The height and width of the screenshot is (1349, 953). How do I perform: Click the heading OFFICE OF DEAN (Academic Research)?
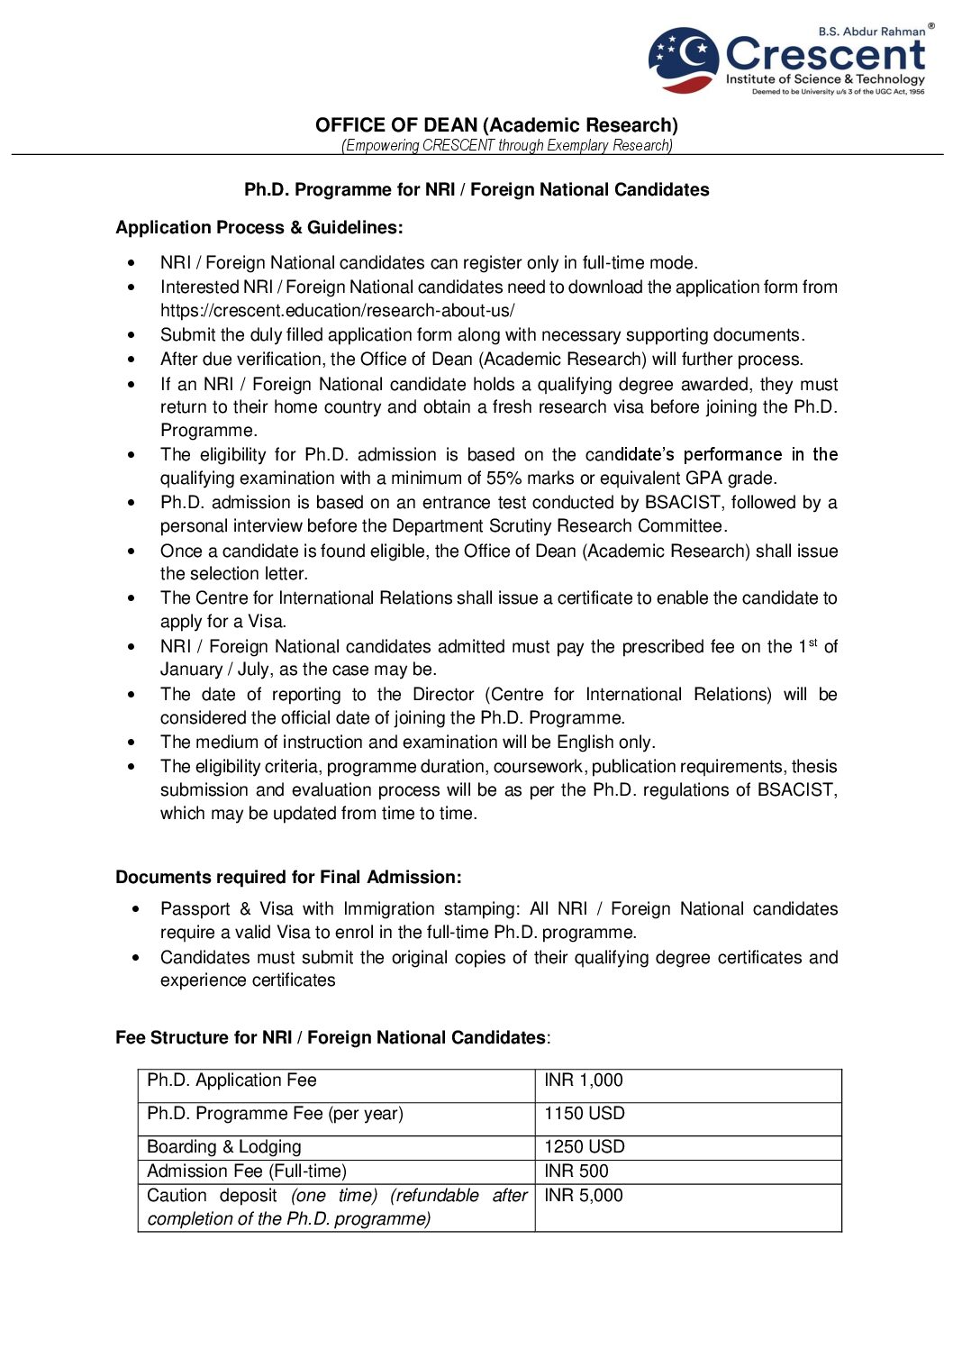[496, 125]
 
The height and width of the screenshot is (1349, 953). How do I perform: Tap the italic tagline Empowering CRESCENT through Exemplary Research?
[506, 145]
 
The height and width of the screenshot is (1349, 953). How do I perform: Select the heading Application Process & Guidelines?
[259, 228]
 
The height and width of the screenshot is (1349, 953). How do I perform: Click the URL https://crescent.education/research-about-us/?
[337, 311]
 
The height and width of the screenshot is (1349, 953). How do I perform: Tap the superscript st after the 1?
[812, 643]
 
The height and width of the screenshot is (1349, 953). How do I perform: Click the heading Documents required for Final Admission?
[288, 878]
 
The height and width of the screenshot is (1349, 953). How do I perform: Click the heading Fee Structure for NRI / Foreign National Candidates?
[331, 1038]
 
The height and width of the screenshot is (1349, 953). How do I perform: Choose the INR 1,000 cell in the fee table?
[584, 1080]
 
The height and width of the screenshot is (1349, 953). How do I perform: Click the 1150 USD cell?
[585, 1114]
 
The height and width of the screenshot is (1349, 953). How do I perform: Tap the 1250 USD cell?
[585, 1147]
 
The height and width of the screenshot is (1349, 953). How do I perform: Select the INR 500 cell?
[576, 1171]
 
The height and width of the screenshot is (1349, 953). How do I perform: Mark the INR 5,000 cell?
[584, 1196]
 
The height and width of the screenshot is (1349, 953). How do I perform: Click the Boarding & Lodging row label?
[224, 1147]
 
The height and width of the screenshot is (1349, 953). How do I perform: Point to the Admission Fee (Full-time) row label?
[247, 1171]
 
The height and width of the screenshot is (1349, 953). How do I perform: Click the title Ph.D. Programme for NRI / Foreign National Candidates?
[476, 190]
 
